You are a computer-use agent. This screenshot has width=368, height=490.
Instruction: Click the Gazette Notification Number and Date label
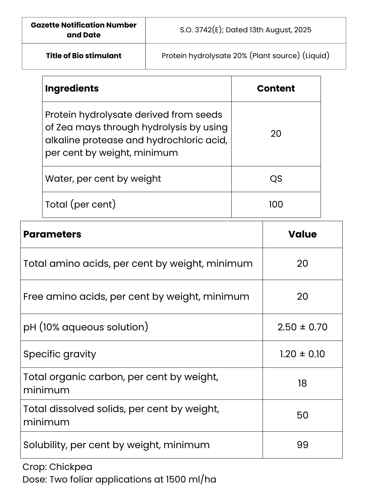click(x=83, y=30)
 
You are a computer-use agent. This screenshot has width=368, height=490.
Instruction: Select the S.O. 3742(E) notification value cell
click(x=245, y=30)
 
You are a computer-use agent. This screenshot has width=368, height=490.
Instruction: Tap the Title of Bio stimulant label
click(x=83, y=56)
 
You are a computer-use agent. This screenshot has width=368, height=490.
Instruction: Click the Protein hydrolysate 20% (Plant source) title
click(x=245, y=56)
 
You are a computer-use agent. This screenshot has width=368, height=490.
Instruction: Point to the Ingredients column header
click(x=72, y=88)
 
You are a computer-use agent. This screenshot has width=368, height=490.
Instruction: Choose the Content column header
click(x=276, y=88)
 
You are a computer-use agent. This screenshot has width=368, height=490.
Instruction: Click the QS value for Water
click(x=276, y=179)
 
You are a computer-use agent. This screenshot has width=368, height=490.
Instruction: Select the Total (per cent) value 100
click(x=276, y=204)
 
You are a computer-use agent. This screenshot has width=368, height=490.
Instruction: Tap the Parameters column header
click(x=52, y=234)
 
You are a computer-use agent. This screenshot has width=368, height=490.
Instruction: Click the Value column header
click(x=302, y=234)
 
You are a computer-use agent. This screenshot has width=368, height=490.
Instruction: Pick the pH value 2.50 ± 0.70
click(x=302, y=327)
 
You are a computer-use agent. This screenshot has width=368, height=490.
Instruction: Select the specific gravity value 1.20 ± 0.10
click(x=302, y=354)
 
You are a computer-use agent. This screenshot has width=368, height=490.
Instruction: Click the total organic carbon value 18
click(x=302, y=383)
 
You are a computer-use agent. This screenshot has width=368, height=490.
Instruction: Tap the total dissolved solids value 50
click(x=302, y=415)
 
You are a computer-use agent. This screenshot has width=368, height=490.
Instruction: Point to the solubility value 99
click(x=302, y=445)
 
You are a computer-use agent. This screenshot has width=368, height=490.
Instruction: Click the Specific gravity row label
click(x=60, y=354)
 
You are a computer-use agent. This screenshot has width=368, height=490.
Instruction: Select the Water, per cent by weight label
click(x=103, y=179)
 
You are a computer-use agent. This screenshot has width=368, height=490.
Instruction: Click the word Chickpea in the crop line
click(x=71, y=467)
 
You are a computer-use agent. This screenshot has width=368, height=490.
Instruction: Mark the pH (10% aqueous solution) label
click(x=86, y=327)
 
